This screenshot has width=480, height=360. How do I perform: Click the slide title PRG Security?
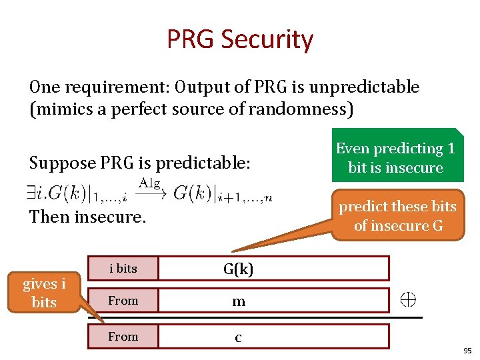240,40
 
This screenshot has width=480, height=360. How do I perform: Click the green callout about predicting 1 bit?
395,157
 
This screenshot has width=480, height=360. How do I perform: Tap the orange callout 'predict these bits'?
398,215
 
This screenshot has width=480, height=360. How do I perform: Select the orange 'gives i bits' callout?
44,293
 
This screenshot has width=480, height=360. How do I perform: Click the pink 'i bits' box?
123,268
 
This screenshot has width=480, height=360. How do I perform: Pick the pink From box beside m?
123,301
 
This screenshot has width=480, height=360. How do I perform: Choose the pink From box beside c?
123,337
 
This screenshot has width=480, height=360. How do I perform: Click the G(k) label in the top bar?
238,269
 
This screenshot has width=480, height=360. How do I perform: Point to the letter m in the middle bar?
238,301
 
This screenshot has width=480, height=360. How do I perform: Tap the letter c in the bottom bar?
238,337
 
